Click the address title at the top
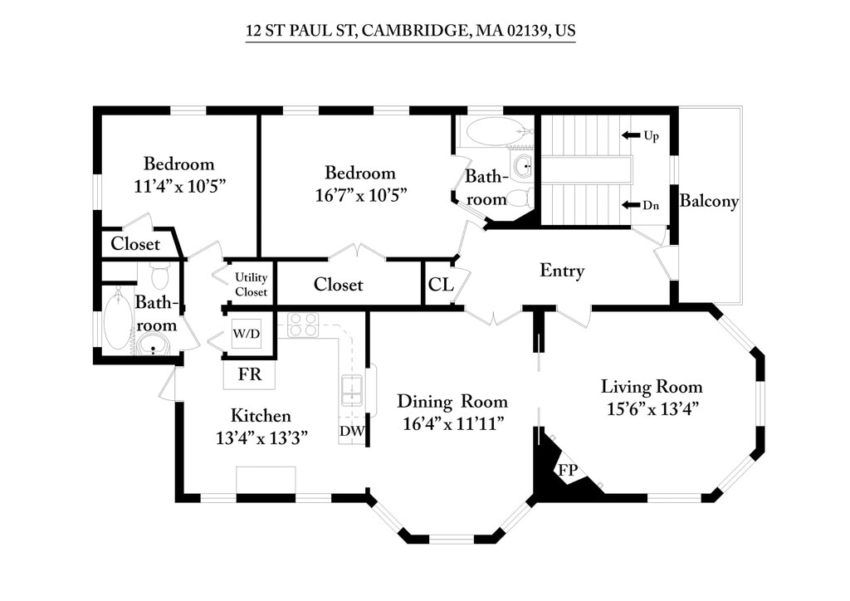pos(410,32)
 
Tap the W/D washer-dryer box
pos(246,334)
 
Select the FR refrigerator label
pos(250,374)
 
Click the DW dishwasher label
pos(351,431)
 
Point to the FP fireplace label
pos(568,470)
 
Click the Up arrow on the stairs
pos(630,135)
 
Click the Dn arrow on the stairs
pos(630,205)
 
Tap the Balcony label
pos(708,201)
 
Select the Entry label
pos(562,271)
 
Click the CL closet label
pos(440,285)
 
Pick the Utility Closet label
pos(251,285)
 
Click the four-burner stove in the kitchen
pos(303,325)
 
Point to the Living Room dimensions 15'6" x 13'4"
pos(652,408)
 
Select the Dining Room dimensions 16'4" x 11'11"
pos(452,423)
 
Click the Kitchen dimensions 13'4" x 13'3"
pos(261,437)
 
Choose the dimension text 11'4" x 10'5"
pos(179,185)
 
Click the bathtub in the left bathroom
pos(118,319)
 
